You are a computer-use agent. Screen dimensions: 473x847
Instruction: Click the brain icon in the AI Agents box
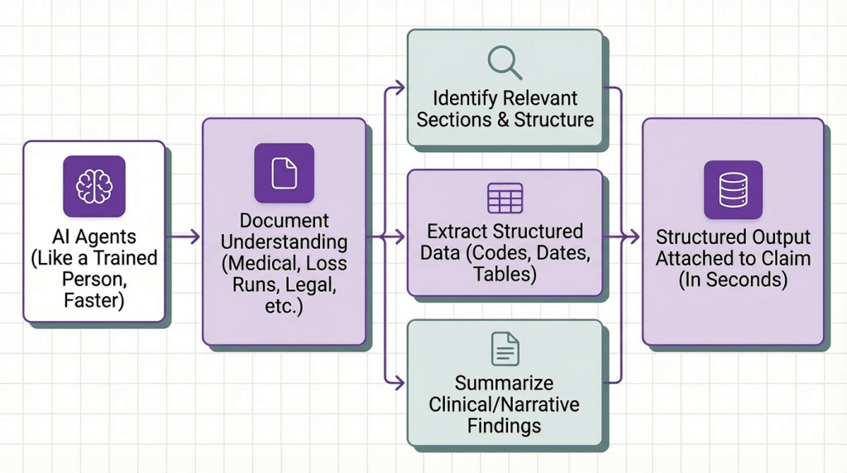(x=93, y=186)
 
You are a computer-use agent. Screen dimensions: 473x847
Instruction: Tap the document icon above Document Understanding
(x=284, y=173)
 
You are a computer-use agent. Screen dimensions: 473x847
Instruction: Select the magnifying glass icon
(x=505, y=63)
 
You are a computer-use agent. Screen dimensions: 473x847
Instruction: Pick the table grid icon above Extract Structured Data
(x=505, y=198)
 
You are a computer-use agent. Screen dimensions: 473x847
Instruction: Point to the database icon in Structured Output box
(x=733, y=189)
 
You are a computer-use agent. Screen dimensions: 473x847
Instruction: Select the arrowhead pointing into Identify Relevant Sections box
(x=400, y=86)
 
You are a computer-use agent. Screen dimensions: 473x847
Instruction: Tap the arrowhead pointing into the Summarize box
(x=400, y=382)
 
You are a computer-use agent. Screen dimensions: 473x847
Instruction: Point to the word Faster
(x=93, y=300)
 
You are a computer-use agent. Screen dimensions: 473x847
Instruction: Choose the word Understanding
(x=284, y=242)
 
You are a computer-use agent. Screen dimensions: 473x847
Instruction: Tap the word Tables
(x=505, y=274)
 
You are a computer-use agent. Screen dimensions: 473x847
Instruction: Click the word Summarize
(x=504, y=384)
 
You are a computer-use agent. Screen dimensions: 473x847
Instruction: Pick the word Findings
(x=504, y=427)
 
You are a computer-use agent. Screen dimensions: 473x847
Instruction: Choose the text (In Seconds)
(x=733, y=279)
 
